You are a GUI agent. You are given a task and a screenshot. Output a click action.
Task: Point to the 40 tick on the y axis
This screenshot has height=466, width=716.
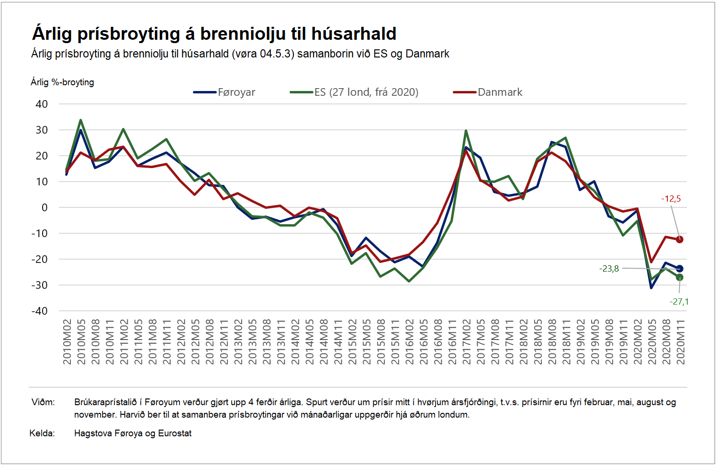click(x=42, y=104)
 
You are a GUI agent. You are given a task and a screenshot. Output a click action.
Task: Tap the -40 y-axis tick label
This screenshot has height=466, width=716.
click(x=40, y=311)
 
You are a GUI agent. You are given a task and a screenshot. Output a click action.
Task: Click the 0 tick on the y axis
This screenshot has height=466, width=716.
click(x=45, y=208)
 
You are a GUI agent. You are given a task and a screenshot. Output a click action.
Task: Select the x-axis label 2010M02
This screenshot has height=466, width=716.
click(x=67, y=342)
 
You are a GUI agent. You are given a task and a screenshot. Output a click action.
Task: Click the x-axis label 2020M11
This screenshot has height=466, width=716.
click(x=681, y=342)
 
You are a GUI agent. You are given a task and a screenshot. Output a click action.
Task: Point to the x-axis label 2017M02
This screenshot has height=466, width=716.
click(x=467, y=342)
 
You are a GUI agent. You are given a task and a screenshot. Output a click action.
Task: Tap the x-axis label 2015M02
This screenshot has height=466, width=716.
click(x=352, y=342)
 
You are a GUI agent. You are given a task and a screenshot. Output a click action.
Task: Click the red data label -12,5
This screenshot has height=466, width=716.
click(x=671, y=199)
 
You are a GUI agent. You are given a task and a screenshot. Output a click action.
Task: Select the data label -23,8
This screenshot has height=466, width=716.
click(x=609, y=269)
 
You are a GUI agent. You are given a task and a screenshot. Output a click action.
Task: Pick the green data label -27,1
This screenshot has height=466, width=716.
click(x=679, y=302)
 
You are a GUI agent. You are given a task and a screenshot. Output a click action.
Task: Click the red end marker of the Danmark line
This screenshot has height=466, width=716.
click(x=679, y=239)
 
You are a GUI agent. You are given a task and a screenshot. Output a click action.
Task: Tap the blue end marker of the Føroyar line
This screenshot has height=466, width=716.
click(x=679, y=269)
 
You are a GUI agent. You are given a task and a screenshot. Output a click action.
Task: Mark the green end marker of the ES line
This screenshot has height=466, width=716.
click(x=679, y=277)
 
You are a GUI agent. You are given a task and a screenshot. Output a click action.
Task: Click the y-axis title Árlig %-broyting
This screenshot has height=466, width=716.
click(x=62, y=82)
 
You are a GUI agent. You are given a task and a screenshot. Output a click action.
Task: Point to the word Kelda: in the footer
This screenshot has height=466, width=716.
click(x=42, y=433)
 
